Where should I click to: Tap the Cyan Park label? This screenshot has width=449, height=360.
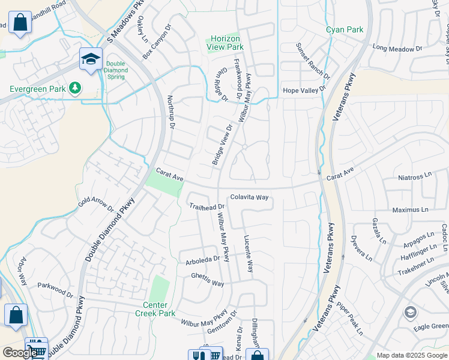pos(345,29)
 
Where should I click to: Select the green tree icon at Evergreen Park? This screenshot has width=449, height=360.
pos(75,89)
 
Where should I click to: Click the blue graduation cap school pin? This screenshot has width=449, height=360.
pos(91,59)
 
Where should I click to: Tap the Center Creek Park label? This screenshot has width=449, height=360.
pos(155,309)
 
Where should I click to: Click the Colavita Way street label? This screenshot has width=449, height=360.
pos(249,197)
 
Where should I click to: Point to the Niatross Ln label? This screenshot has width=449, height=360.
pos(415,178)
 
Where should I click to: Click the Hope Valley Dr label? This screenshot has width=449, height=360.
pos(304,89)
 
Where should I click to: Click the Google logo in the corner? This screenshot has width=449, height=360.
pos(20,353)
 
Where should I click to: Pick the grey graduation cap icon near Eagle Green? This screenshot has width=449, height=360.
pos(410,311)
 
